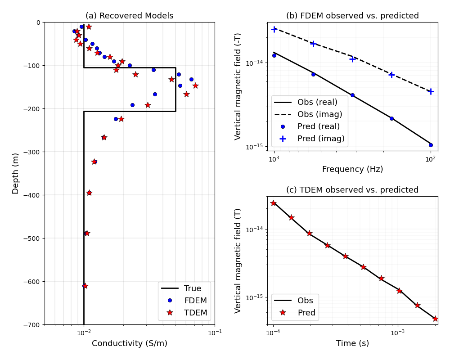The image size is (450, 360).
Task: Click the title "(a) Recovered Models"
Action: click(129, 16)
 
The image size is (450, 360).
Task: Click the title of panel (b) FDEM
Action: click(352, 16)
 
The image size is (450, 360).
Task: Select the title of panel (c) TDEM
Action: click(352, 190)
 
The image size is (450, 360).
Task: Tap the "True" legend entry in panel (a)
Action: click(193, 288)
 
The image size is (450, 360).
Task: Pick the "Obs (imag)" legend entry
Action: click(319, 114)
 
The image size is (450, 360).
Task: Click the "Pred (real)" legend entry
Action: click(318, 126)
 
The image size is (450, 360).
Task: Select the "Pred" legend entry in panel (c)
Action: click(306, 313)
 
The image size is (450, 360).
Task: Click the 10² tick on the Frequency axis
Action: click(431, 159)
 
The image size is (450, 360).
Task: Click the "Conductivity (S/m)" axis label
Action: click(130, 343)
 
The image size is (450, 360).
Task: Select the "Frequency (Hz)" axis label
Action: click(352, 169)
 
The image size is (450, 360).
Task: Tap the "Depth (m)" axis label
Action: click(16, 173)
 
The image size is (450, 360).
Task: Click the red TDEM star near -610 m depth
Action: click(85, 286)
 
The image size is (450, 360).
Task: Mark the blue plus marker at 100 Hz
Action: click(431, 91)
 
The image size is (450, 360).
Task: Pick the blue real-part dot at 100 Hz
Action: click(431, 145)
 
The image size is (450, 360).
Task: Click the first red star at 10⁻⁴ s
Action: click(273, 203)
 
